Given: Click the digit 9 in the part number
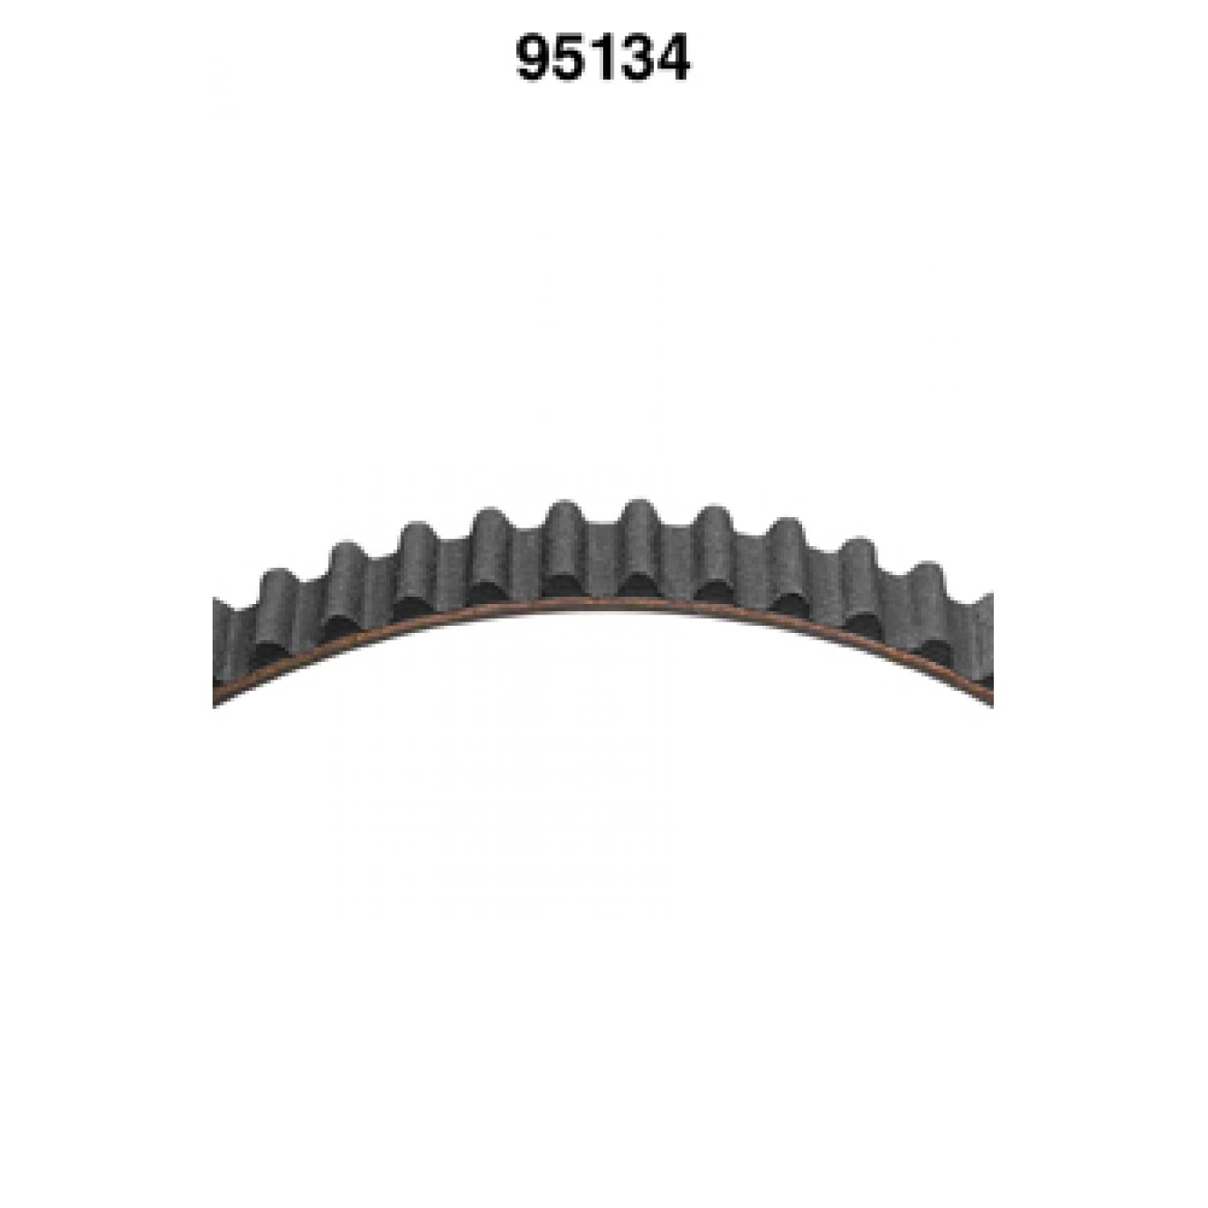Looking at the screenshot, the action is pyautogui.click(x=533, y=59).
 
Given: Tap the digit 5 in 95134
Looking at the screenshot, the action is pyautogui.click(x=569, y=59).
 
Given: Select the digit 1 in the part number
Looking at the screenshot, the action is pyautogui.click(x=600, y=59).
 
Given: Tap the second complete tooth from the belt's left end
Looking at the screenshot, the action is pyautogui.click(x=346, y=588).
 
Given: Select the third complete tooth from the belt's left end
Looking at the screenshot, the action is pyautogui.click(x=418, y=567).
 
